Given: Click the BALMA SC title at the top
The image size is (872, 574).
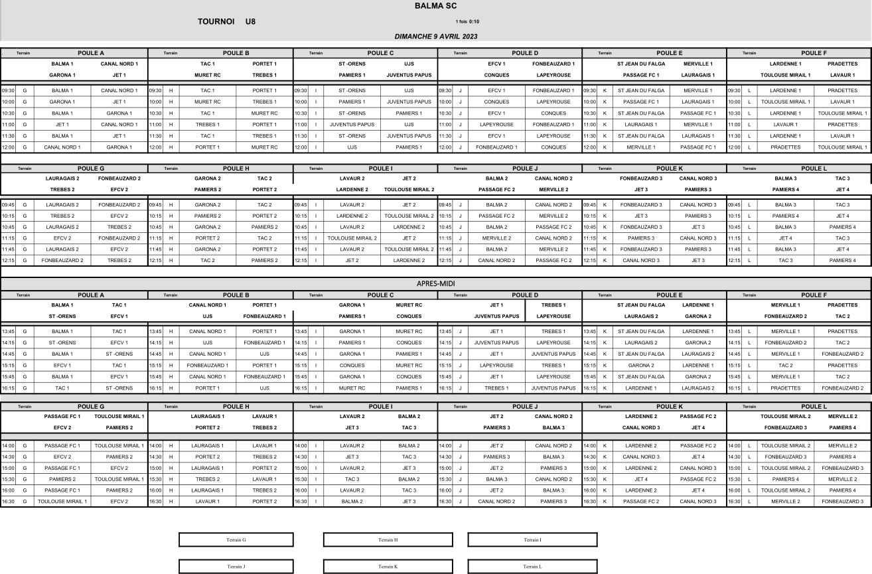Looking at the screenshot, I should (x=435, y=6).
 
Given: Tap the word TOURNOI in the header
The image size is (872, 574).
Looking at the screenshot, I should (x=216, y=21).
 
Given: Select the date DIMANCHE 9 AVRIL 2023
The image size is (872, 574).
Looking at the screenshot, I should (x=435, y=36).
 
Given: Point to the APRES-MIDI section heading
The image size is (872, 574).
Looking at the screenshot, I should (x=435, y=283).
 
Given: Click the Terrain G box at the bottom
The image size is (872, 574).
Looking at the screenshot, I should (x=236, y=539).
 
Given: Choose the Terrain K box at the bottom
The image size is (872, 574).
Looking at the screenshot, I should (x=388, y=567).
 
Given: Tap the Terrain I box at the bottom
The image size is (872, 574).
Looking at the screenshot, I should (x=532, y=539).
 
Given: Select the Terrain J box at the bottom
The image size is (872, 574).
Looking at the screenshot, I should (x=236, y=567).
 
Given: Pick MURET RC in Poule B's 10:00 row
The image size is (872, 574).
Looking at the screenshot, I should (x=207, y=102).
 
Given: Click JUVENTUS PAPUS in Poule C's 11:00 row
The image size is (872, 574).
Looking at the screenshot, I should (x=352, y=124).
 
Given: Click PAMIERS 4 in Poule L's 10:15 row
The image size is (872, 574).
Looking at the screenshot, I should (x=785, y=216).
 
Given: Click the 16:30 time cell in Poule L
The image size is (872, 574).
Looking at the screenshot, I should (x=733, y=502).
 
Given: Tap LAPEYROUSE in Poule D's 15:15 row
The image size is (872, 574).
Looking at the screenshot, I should (x=496, y=366).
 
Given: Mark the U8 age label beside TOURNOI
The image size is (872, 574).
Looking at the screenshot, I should (x=250, y=21).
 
